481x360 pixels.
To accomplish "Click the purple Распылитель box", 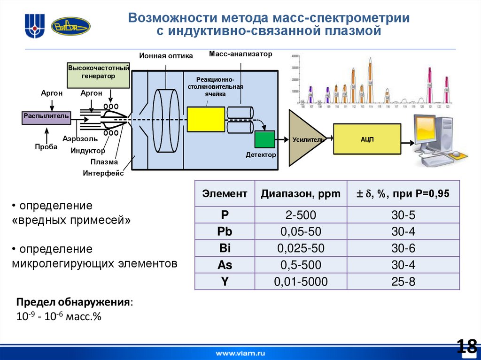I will coord(47,116).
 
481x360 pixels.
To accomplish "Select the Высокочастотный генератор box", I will coord(98,75).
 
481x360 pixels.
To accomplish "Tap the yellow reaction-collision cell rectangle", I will coord(206,119).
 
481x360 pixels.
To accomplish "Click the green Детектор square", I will coord(264,139).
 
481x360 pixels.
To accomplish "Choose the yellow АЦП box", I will coord(367,139).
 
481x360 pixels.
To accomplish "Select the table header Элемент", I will coord(225,193).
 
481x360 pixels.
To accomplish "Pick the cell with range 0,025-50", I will coord(301,248).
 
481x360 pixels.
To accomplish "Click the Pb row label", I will coord(225,232).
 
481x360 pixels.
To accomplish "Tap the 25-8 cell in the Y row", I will coord(403,282).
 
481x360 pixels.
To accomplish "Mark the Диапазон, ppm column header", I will coord(301,193).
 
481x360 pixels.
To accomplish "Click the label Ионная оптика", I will coord(166,56).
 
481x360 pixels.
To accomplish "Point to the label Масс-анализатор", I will coord(240,54).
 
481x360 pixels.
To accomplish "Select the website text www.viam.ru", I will coord(240,352).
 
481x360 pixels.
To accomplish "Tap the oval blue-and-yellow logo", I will coord(70,26).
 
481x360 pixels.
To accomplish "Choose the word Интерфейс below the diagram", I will coord(103,173).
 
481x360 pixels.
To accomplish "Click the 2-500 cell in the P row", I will coord(301,215).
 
